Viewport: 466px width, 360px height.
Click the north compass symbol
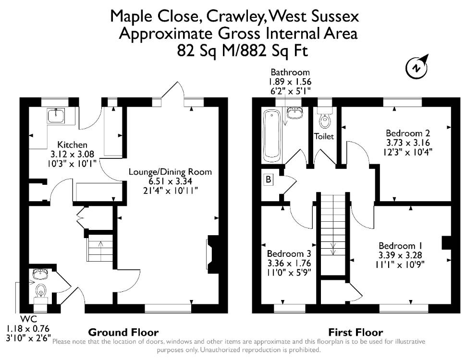[417, 67]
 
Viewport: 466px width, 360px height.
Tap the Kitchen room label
[72, 144]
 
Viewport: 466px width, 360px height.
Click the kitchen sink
[56, 115]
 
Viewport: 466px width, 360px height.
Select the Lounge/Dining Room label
[170, 172]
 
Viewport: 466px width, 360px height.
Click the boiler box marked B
[269, 180]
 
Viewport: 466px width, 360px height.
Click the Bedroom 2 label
[408, 133]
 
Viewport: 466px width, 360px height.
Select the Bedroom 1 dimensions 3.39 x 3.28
[400, 255]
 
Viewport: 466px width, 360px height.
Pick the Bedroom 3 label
[289, 253]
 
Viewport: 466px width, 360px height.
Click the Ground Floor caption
[123, 332]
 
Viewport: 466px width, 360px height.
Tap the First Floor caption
[356, 332]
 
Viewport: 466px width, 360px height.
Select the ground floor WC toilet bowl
[41, 290]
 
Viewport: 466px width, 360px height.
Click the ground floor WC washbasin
[40, 274]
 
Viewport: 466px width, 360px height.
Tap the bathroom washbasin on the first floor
[294, 113]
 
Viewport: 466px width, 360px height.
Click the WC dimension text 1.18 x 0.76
[28, 329]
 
